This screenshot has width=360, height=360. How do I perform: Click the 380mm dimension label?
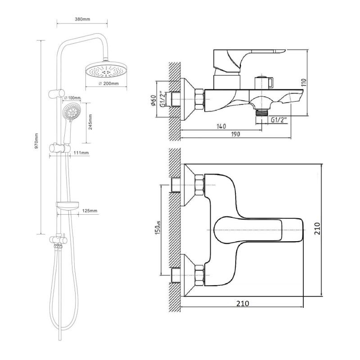point(82,19)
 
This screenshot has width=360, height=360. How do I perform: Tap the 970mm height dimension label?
point(36,141)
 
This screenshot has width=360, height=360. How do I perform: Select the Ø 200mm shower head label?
point(108,84)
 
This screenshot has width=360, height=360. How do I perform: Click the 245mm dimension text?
point(90,122)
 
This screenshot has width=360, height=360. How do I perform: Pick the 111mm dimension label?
point(81,153)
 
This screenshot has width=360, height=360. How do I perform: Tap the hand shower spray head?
point(72,112)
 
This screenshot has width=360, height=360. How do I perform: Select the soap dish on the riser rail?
point(67,205)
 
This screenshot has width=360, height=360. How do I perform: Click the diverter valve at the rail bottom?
point(58,240)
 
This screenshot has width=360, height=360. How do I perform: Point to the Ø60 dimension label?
point(154,100)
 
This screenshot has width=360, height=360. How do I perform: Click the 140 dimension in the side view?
point(221,126)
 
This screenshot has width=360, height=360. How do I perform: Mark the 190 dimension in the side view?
point(235,134)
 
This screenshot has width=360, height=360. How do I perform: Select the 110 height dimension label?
point(304,82)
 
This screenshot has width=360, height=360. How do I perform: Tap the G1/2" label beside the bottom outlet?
point(279,120)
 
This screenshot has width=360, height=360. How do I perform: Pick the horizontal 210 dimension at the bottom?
point(243,303)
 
